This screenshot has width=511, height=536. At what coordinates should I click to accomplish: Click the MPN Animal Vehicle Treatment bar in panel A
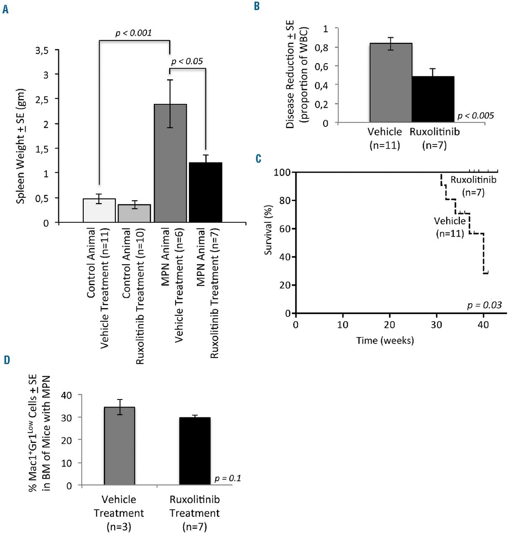coord(170,163)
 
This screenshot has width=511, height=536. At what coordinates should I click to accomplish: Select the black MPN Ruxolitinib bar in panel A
coord(205,192)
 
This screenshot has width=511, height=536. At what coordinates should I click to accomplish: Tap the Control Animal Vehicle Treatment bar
coord(99,210)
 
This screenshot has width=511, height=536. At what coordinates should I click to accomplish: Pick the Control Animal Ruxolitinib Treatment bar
coord(134,213)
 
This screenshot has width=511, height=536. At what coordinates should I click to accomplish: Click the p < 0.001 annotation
coord(134,33)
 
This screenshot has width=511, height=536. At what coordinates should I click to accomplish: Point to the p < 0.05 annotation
coord(187,62)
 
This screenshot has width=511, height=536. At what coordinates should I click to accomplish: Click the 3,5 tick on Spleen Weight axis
coord(42,51)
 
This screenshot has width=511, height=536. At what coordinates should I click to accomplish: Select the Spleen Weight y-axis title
coord(21,147)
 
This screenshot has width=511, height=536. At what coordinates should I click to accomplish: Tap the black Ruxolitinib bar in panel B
coord(433,99)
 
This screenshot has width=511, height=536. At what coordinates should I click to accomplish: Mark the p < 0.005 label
coord(476,116)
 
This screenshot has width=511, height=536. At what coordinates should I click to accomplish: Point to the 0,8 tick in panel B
coord(322,48)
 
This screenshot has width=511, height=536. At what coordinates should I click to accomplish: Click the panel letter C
coord(258,159)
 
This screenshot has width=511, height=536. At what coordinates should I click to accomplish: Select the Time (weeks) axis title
coord(385,340)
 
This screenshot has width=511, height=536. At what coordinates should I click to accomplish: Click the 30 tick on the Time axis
coord(436,325)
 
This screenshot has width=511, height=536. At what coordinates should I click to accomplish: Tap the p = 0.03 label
coord(484,305)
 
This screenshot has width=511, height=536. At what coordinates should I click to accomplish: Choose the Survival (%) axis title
coord(268,230)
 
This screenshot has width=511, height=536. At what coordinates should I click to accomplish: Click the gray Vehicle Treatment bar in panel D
coord(119,446)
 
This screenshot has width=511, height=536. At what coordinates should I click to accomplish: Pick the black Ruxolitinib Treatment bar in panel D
coord(195,451)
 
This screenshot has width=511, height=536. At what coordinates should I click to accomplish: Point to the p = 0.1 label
coord(228,478)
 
